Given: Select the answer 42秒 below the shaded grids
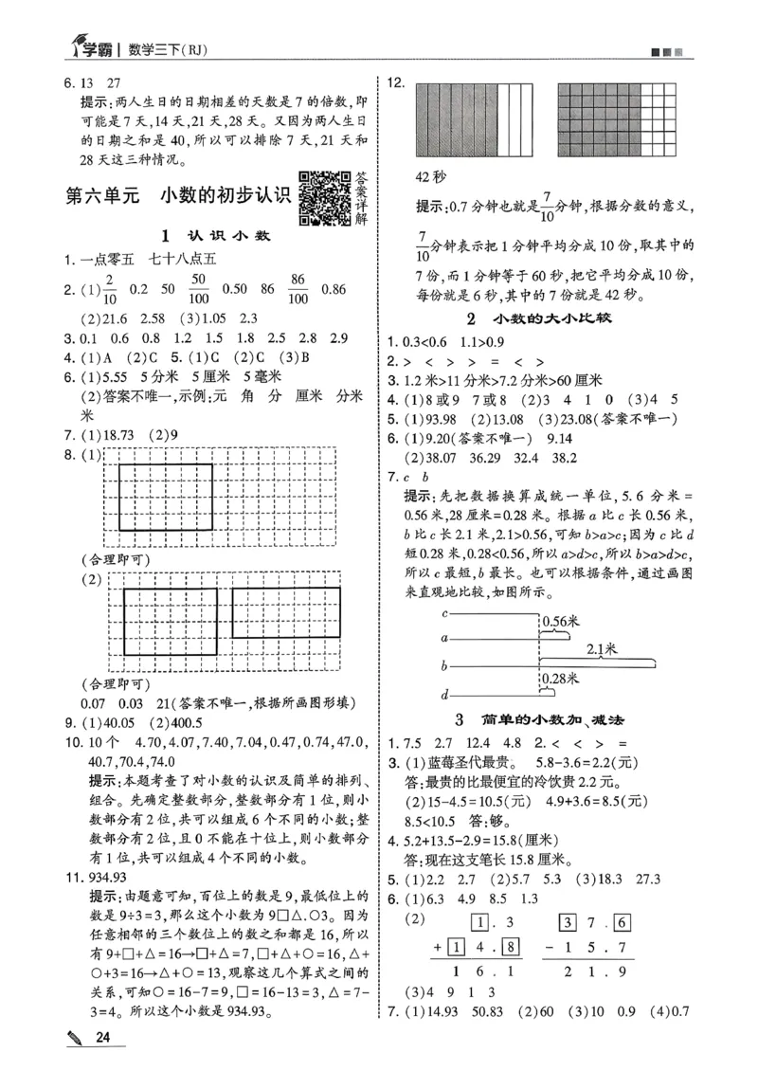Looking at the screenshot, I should [x=432, y=177].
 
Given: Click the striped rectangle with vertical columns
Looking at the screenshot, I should [x=470, y=118].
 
